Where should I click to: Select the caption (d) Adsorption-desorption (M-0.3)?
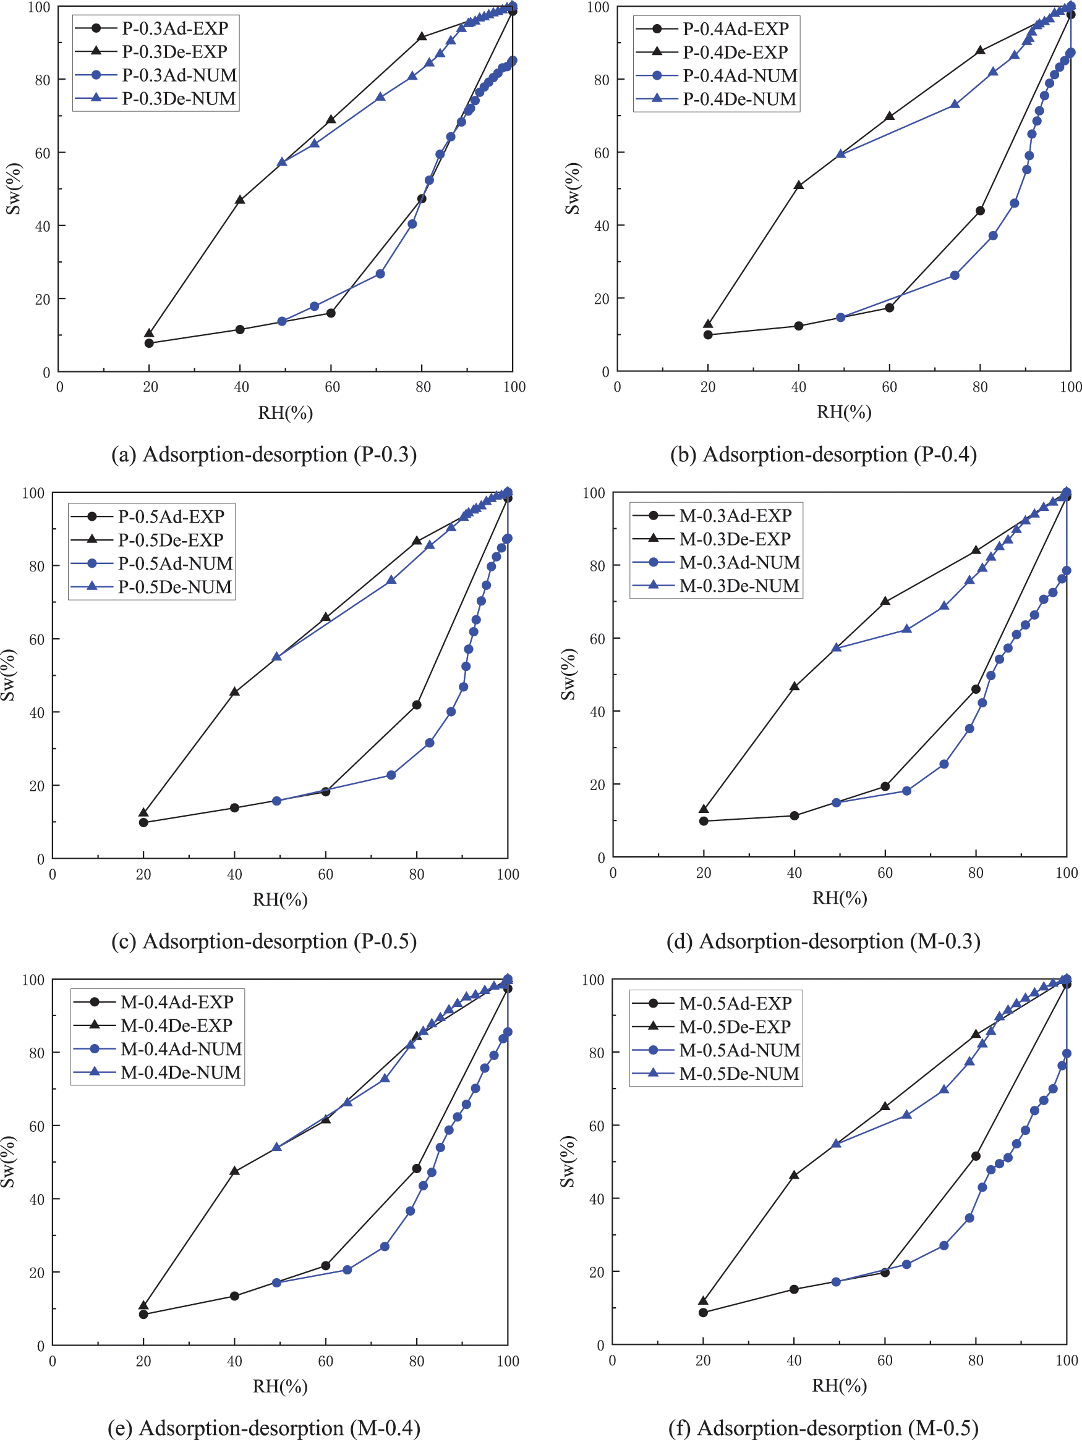point(823,941)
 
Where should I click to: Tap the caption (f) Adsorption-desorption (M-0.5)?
point(823,1428)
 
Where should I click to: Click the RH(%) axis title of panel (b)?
point(843,411)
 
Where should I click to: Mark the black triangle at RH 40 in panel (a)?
point(240,199)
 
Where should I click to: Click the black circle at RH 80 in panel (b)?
point(980,210)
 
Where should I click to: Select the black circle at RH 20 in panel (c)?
point(143,822)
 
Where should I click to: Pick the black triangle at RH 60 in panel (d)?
point(885,601)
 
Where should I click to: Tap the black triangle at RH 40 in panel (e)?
point(234,1171)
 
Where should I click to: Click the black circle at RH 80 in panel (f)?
point(975,1156)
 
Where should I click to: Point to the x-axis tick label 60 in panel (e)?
point(325,1360)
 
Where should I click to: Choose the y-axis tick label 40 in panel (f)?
point(597,1199)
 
